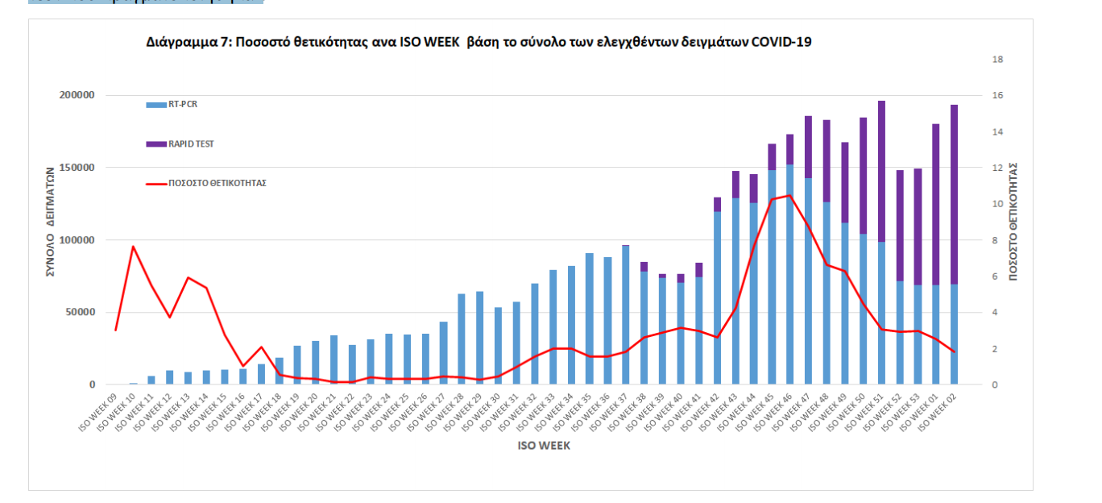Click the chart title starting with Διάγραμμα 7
[x=478, y=41]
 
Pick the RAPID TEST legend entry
[x=191, y=144]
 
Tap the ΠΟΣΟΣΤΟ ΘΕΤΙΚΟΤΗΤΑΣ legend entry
[x=217, y=183]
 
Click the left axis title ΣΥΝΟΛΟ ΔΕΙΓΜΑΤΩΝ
[x=50, y=222]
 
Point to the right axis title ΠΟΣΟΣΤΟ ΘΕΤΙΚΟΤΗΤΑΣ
[x=1013, y=222]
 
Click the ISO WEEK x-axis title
[x=544, y=446]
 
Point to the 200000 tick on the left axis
[x=78, y=95]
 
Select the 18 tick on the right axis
[x=997, y=60]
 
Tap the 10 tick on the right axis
[x=997, y=204]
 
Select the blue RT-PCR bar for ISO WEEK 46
[x=789, y=274]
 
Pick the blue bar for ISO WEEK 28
[x=462, y=339]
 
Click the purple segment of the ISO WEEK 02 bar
[x=954, y=193]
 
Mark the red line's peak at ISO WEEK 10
[x=134, y=246]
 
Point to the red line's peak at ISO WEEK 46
[x=789, y=195]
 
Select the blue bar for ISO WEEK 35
[x=589, y=318]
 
